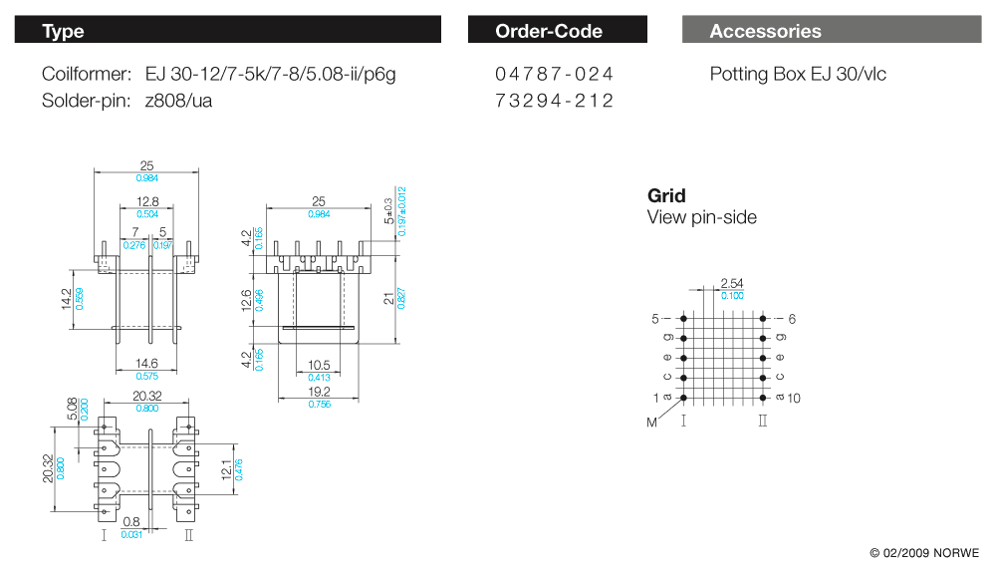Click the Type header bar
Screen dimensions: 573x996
227,31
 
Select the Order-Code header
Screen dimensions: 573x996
557,31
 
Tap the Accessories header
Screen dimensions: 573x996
832,31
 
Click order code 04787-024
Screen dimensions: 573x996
555,74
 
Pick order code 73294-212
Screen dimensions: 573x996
555,101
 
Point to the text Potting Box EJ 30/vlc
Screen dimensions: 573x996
798,74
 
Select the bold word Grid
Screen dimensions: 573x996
666,196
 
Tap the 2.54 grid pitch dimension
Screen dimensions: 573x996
732,284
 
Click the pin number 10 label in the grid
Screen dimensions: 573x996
793,399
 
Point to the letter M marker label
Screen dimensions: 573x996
652,423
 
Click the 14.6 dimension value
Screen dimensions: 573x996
146,364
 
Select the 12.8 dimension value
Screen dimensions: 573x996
146,202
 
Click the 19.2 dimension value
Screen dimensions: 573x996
319,392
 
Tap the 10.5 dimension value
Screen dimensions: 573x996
319,364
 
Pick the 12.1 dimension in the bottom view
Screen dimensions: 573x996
226,467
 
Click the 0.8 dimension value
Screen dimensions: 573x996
130,521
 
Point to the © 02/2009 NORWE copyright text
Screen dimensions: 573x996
924,552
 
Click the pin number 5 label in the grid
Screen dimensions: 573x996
655,319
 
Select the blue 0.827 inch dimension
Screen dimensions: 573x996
401,297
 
